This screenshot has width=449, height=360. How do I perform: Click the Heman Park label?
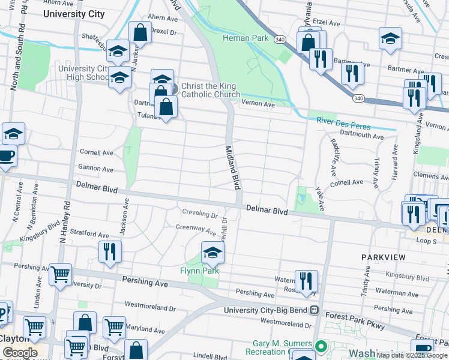coord(244,38)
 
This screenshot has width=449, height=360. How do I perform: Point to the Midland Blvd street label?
coord(232,168)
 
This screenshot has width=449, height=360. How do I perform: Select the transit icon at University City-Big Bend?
coord(313,310)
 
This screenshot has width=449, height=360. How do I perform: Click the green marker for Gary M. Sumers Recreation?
coord(321,346)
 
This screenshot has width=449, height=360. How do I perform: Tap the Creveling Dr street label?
coord(200,214)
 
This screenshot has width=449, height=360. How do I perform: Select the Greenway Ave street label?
coord(195,229)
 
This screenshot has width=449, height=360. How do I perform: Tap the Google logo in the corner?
coord(20,353)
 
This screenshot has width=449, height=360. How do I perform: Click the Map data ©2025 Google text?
coord(412,355)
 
